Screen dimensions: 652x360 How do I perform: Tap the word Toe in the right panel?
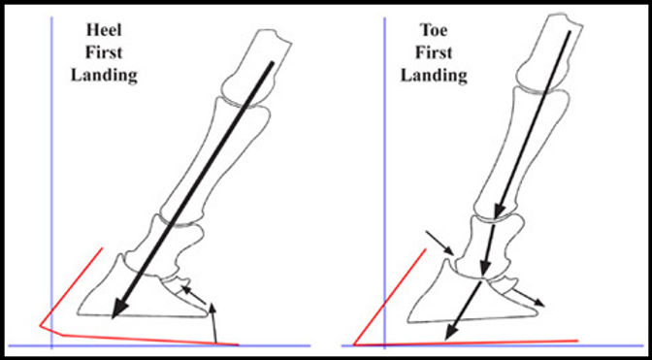436,31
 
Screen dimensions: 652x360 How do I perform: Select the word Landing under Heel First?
103,75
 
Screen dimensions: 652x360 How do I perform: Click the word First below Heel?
103,52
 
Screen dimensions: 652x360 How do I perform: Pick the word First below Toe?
436,52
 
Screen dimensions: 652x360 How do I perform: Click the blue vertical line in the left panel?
49,175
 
